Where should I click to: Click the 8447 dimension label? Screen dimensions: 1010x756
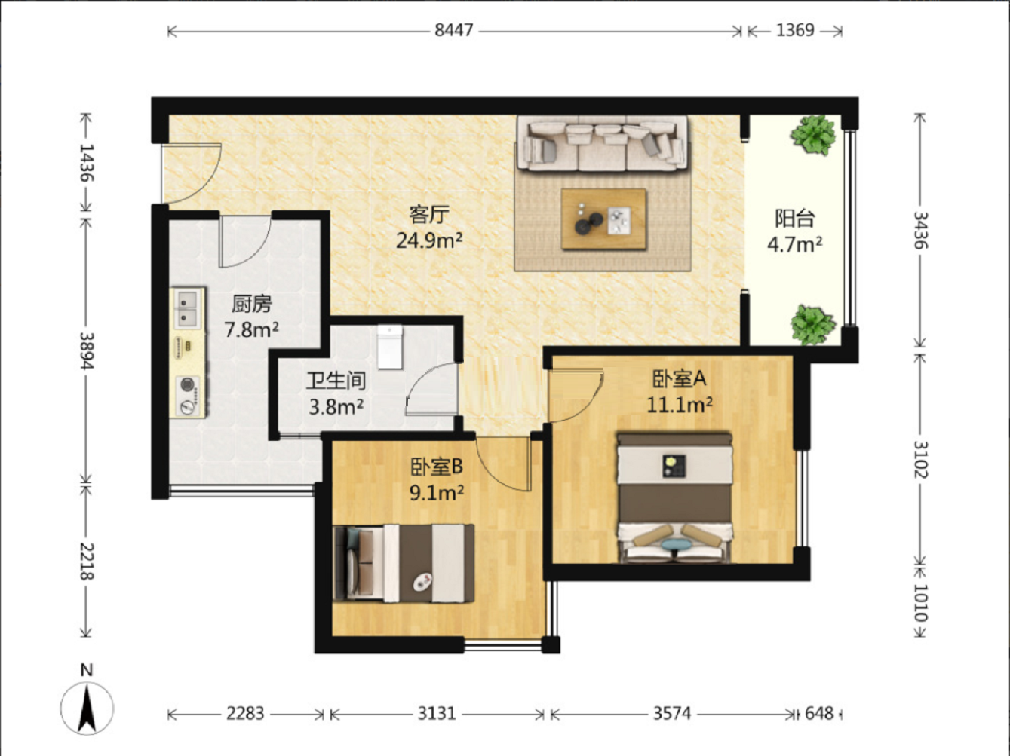453,30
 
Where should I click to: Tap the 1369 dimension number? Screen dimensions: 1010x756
795,30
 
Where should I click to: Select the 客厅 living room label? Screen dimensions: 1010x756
429,215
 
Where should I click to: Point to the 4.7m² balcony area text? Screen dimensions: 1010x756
795,244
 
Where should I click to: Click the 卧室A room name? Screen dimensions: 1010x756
680,378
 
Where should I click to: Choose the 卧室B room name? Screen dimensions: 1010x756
437,467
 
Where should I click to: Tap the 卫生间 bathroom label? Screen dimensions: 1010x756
336,381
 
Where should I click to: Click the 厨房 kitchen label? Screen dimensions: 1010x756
252,304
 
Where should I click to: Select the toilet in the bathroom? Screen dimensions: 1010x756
390,347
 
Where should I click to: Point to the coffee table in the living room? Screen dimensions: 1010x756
603,219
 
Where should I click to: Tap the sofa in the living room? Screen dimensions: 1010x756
603,143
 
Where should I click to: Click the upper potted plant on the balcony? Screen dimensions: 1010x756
813,134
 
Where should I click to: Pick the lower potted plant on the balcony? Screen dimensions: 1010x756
812,324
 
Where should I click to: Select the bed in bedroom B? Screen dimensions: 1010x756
404,564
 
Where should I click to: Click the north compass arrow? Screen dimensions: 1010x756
87,709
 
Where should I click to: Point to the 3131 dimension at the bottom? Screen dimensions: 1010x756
437,713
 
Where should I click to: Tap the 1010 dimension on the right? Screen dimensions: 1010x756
920,602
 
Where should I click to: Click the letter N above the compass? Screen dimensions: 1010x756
87,670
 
